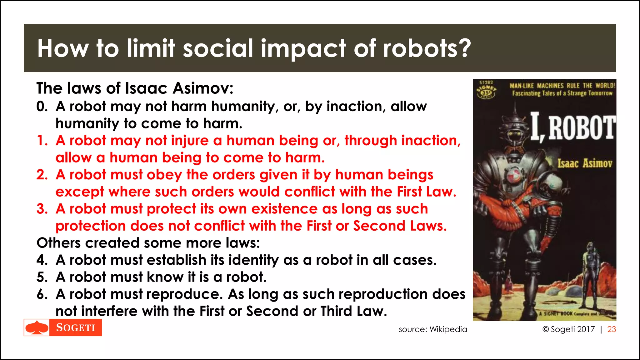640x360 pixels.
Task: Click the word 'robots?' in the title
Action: coord(427,48)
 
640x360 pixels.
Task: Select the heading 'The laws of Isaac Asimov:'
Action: coord(135,88)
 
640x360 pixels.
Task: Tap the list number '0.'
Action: coord(42,107)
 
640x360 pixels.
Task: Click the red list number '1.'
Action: coord(42,141)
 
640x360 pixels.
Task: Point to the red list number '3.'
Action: coord(42,209)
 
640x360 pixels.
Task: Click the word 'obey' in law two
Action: coord(164,175)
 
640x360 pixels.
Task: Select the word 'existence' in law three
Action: coord(284,209)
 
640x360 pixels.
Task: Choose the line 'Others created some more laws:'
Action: coord(148,243)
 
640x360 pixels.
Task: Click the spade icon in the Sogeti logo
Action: coord(37,327)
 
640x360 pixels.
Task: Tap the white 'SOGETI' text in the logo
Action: coord(76,327)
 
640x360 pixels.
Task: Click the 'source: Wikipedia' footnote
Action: coord(433,329)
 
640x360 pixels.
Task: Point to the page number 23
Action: coord(612,329)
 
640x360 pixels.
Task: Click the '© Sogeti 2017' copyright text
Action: coord(568,329)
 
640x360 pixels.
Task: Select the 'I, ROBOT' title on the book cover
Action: coord(573,127)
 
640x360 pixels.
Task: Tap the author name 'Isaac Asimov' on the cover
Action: coord(585,163)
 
